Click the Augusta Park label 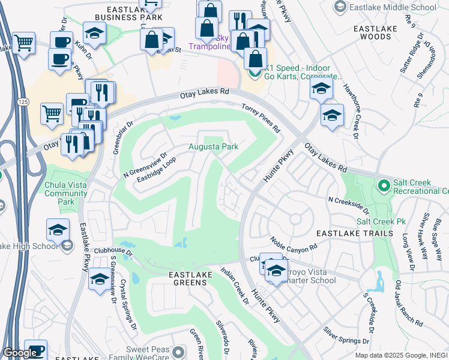[213, 146]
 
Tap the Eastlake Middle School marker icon [340, 7]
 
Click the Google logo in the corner [20, 353]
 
